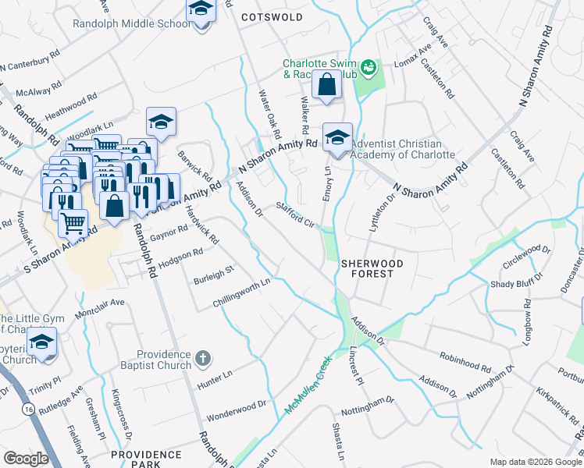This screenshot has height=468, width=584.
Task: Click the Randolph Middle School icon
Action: (x=201, y=11)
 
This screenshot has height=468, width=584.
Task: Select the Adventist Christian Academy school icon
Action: (x=337, y=138)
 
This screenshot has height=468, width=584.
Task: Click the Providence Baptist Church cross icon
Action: (x=202, y=359)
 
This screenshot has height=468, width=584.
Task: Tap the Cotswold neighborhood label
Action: (x=271, y=16)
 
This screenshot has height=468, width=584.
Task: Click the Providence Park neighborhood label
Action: (x=146, y=459)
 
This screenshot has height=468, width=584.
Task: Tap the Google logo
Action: (x=26, y=459)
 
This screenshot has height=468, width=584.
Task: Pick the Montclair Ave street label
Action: (x=99, y=308)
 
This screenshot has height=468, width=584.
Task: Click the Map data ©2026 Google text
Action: (x=535, y=462)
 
